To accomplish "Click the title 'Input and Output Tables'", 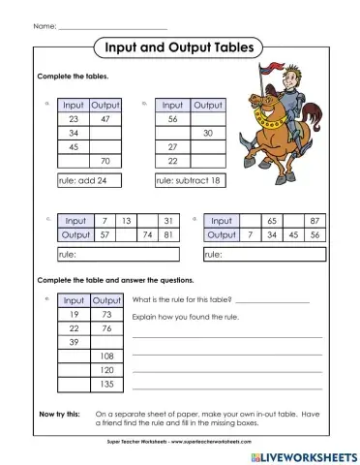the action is tap(180, 46).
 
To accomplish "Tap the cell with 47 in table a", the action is tap(105, 118).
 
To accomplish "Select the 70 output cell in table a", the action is tap(105, 161).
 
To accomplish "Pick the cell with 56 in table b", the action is tap(172, 118).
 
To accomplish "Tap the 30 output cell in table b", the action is tap(206, 133).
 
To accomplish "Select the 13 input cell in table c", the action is tap(126, 221).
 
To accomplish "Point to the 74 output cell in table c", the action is tap(149, 234).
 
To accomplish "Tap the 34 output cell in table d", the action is tap(272, 234).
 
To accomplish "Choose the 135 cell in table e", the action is tap(105, 385).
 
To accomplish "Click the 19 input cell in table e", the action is tap(74, 315).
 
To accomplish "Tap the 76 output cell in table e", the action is tap(105, 328).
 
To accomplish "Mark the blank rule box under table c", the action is tap(118, 254).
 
